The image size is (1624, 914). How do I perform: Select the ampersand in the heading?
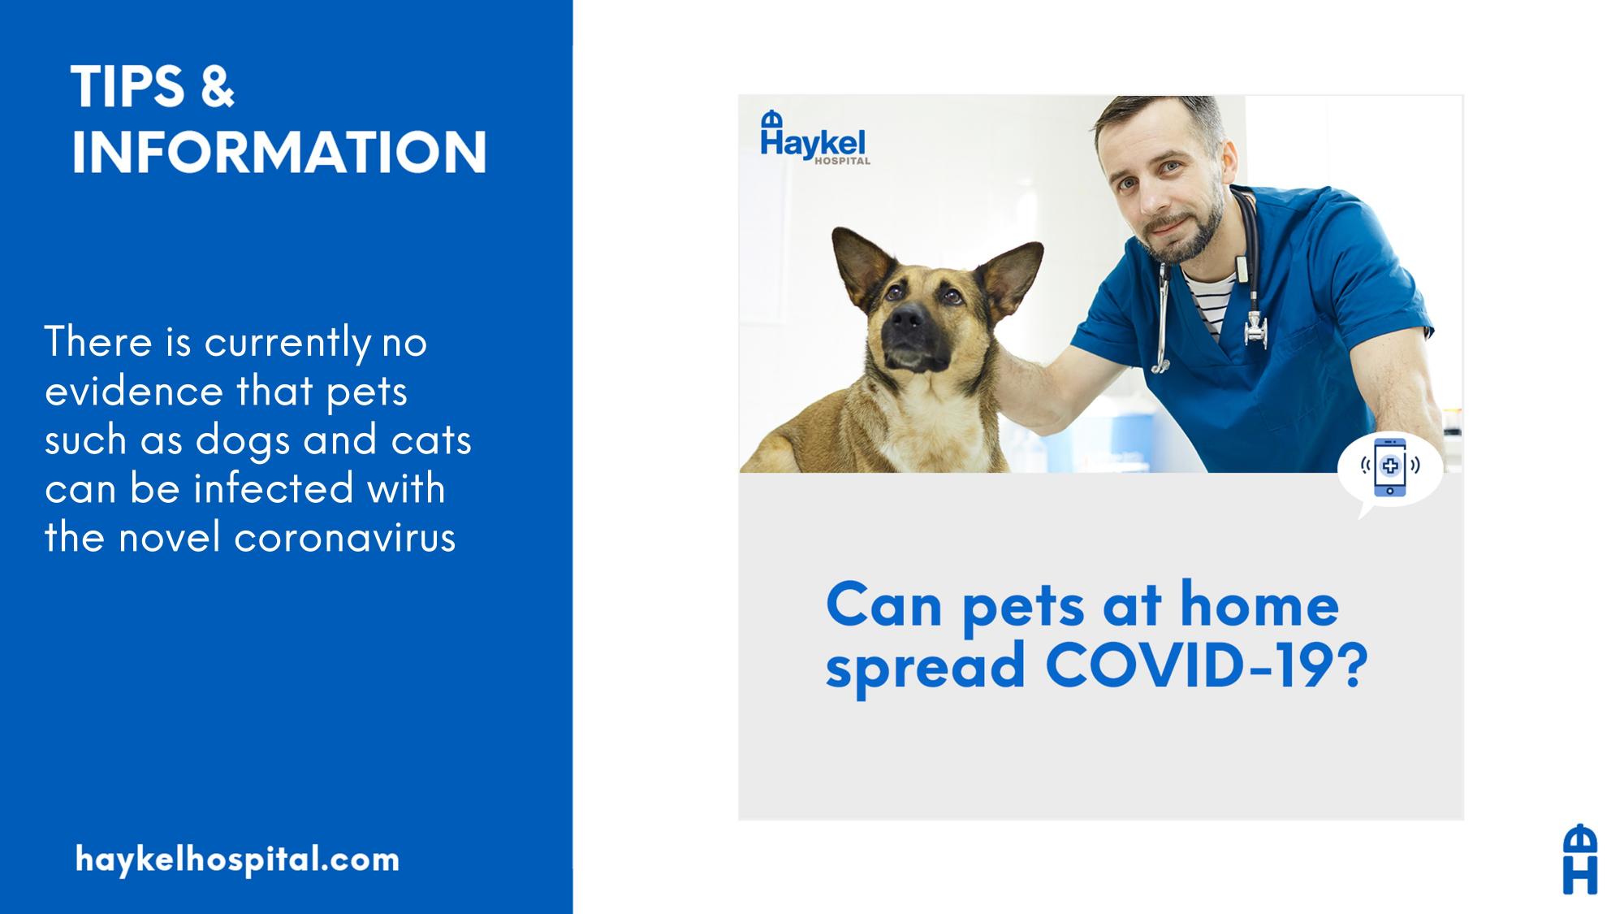[217, 86]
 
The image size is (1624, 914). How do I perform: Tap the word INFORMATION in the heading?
[279, 151]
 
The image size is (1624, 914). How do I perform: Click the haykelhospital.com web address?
[237, 860]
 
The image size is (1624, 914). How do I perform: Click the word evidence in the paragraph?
[134, 391]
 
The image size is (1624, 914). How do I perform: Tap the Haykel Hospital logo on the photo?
[814, 138]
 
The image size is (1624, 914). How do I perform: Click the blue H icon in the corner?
[1579, 859]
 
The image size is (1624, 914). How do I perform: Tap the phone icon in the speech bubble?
[1390, 466]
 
